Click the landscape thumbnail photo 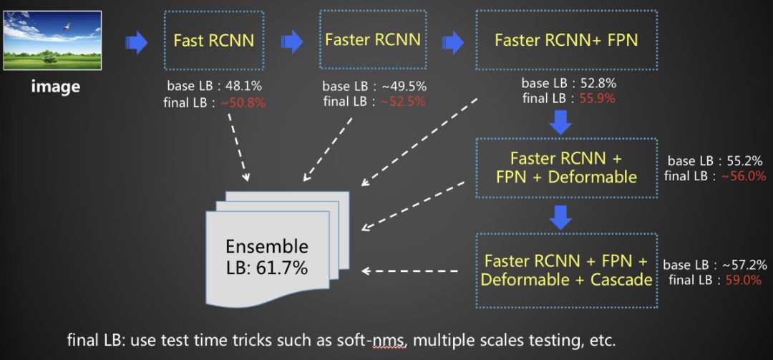point(52,39)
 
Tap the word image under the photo point(54,87)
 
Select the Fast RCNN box point(213,40)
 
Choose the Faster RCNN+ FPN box point(565,40)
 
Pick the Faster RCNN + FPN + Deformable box point(566,167)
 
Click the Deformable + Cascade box point(566,270)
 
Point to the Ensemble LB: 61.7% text point(267,258)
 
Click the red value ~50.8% point(243,102)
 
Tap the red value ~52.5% point(402,102)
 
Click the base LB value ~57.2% point(743,264)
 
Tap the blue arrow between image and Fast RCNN point(136,43)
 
